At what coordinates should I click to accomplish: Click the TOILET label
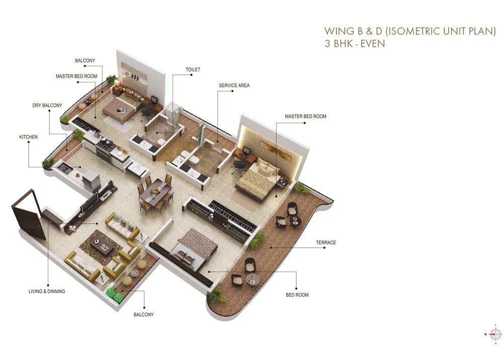tap(193, 69)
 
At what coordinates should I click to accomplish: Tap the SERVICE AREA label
tap(234, 85)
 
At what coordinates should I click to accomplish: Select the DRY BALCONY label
tap(47, 106)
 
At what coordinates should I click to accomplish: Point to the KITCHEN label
tap(29, 137)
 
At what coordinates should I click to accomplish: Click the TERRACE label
tap(326, 243)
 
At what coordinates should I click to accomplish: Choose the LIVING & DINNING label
tap(47, 291)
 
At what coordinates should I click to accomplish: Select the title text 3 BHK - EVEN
tap(355, 44)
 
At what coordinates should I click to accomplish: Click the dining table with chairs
tap(155, 192)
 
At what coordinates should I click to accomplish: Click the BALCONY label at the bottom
tap(143, 315)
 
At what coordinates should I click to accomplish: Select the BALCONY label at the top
tap(85, 61)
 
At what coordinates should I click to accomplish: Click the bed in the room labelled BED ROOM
tap(193, 249)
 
